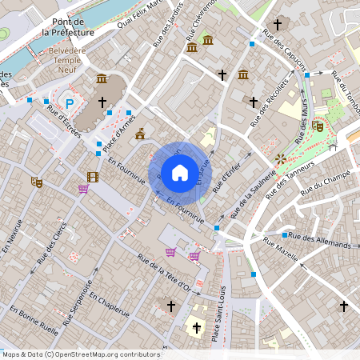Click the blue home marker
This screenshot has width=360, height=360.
click(179, 172)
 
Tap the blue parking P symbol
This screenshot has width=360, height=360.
click(70, 103)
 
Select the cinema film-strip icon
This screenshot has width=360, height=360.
click(93, 177)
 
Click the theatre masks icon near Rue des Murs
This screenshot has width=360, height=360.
click(318, 126)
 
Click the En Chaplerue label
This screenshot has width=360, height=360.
click(109, 305)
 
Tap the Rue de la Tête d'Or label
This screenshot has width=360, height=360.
click(163, 273)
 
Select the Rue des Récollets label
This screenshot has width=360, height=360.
click(270, 99)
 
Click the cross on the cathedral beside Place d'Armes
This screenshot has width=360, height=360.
click(102, 102)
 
